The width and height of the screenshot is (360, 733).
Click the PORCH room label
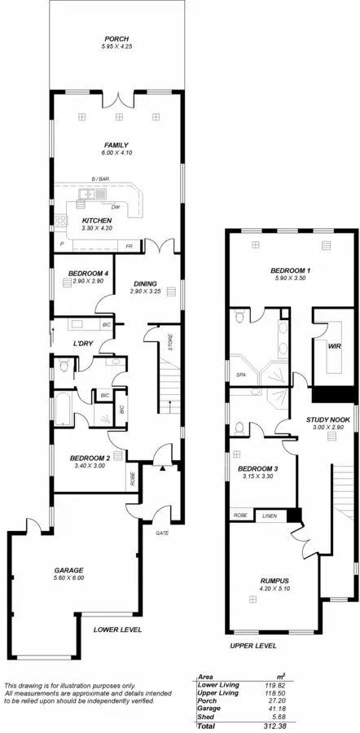[x=115, y=38]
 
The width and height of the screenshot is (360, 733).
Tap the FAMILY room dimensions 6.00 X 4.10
[x=115, y=153]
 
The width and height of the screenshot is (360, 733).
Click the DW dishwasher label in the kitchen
[x=116, y=207]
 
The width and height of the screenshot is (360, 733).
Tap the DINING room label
[x=145, y=283]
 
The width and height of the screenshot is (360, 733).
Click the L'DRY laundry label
[x=86, y=343]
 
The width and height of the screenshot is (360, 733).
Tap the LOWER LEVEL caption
[x=118, y=630]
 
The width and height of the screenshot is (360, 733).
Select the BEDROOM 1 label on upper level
[x=291, y=270]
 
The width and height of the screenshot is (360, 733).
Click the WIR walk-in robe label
[x=333, y=345]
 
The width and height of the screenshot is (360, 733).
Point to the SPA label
[x=242, y=375]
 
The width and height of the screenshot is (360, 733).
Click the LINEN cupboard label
[x=268, y=516]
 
